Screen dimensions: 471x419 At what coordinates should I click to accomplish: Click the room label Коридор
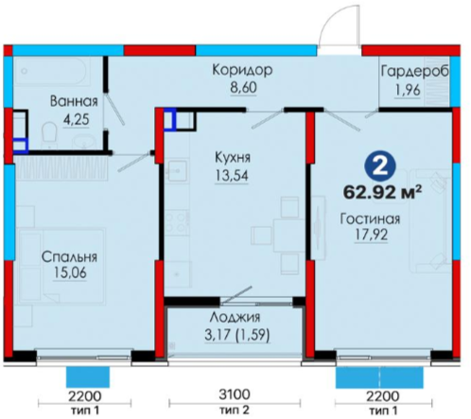[242, 70]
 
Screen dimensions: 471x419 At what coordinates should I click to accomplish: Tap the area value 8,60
[243, 88]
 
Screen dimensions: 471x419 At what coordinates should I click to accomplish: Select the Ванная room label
[74, 102]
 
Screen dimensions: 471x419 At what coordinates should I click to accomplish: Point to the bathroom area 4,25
[76, 120]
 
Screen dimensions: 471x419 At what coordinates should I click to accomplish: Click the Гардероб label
[414, 72]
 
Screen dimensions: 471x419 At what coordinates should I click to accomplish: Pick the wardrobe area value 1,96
[408, 90]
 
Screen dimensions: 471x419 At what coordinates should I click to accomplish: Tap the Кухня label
[233, 157]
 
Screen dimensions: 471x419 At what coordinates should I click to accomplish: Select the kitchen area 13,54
[232, 176]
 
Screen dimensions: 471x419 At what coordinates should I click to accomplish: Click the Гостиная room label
[370, 218]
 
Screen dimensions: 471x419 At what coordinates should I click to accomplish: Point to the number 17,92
[371, 235]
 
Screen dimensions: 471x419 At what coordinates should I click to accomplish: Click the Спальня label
[69, 257]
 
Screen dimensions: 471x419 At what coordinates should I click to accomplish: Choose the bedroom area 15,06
[70, 273]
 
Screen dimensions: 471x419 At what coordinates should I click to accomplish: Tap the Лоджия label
[235, 317]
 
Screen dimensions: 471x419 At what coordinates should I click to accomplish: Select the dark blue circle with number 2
[380, 167]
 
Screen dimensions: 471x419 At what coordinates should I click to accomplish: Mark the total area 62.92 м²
[382, 192]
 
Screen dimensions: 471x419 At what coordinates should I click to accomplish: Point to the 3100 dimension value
[235, 394]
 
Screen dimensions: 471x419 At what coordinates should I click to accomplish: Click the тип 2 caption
[235, 410]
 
